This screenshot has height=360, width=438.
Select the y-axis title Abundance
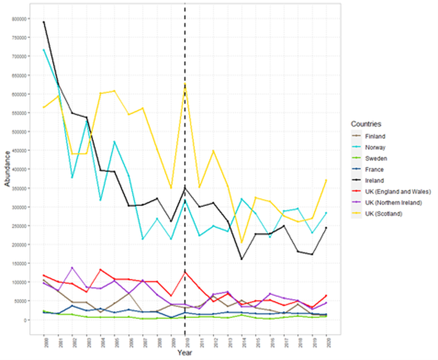[7, 169]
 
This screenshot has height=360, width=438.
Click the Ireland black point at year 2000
[44, 22]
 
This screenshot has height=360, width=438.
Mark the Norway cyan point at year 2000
[44, 50]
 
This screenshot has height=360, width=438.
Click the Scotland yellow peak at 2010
[185, 84]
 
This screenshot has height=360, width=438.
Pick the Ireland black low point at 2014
[241, 259]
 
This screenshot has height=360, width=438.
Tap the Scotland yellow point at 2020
[326, 180]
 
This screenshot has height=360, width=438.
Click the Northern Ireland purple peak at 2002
[72, 268]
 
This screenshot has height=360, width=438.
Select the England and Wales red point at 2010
[185, 272]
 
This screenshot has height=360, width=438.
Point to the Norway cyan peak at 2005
[115, 142]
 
